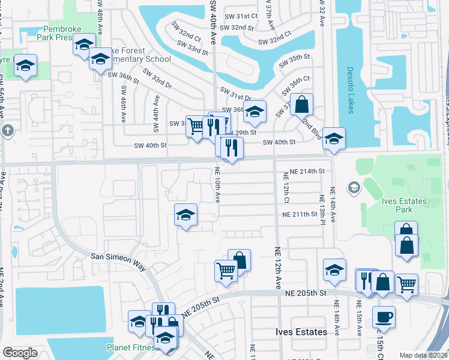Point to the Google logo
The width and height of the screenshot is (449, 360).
coord(20,353)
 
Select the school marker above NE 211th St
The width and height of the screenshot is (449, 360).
coord(186,215)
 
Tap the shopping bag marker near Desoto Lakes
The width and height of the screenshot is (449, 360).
coord(301,104)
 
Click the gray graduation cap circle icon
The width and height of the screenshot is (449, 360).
coord(354,188)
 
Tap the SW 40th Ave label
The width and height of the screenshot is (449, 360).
coord(213,20)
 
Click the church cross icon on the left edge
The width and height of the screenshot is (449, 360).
coord(7,130)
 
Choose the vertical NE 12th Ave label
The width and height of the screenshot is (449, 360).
coord(278,267)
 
